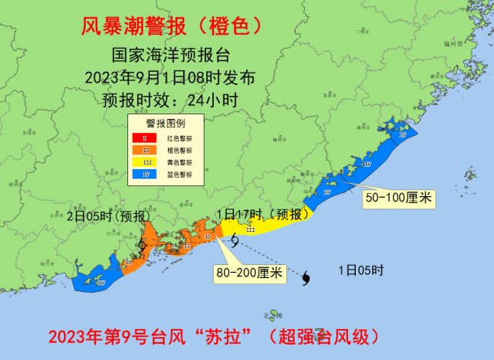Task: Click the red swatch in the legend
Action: (144, 137)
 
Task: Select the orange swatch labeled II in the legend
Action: (144, 149)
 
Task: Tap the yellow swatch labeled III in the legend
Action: (144, 162)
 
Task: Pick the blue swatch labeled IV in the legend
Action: (144, 175)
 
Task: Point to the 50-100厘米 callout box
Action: (398, 198)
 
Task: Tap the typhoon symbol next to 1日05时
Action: (308, 276)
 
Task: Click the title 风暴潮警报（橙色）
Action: (171, 27)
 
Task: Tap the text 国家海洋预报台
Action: (171, 56)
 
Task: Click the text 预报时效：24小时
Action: (171, 98)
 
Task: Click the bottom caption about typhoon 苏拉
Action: (213, 338)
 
